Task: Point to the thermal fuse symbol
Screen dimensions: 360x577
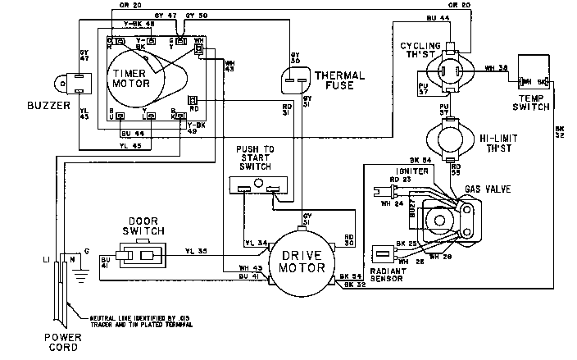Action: point(297,80)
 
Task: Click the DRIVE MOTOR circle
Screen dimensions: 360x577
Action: point(299,261)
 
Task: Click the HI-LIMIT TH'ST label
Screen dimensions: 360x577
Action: point(505,145)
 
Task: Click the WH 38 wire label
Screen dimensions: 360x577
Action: point(495,68)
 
